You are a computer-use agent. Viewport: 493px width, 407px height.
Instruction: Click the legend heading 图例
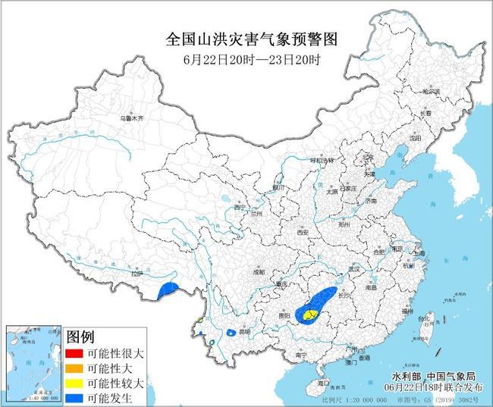click(80, 337)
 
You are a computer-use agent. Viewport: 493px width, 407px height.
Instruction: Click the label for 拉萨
click(136, 274)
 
